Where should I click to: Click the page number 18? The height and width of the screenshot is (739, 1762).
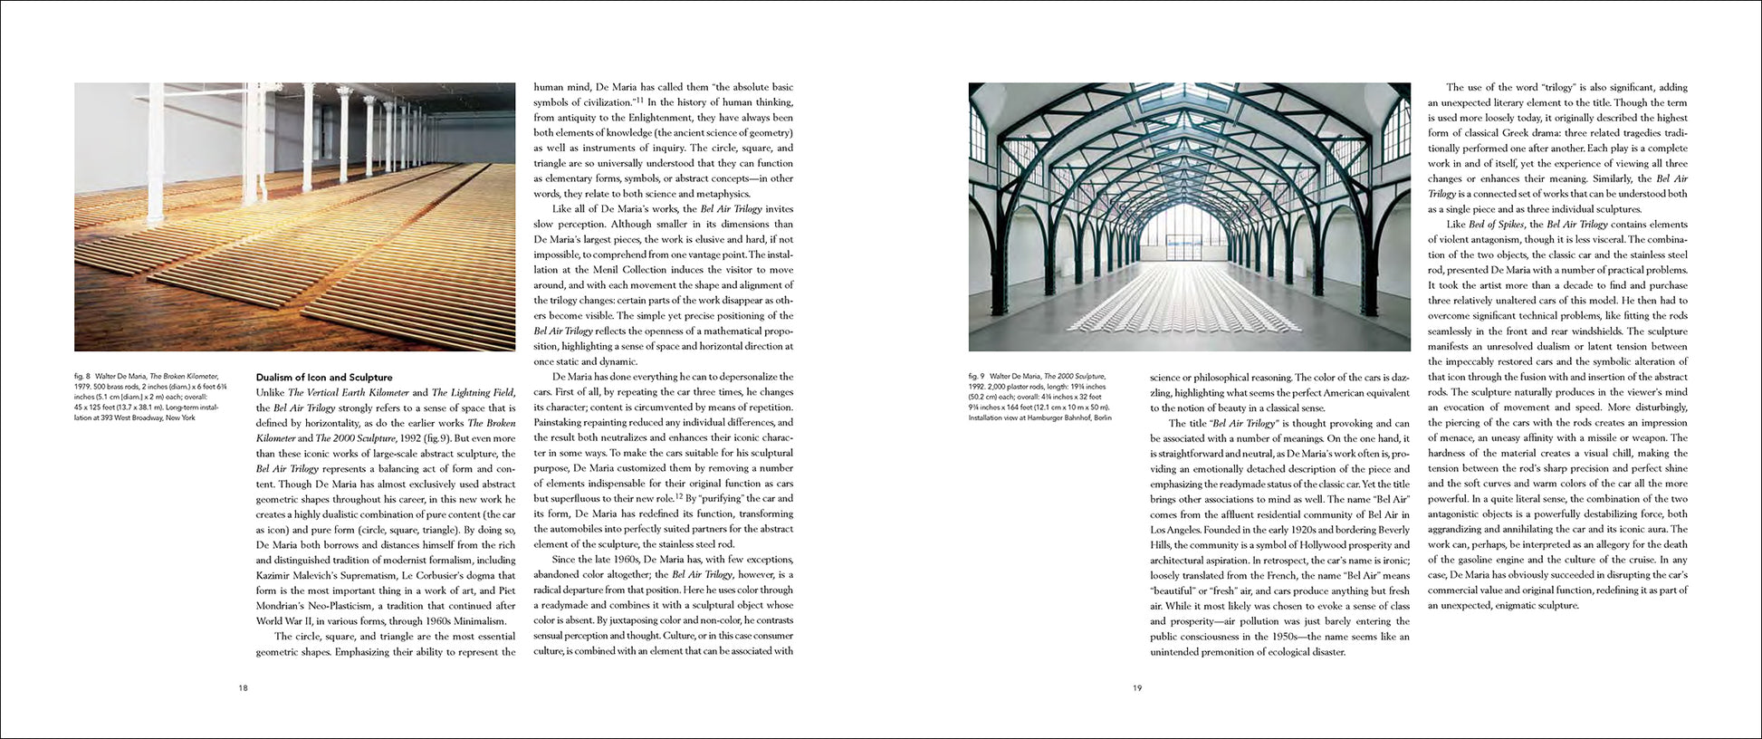(243, 688)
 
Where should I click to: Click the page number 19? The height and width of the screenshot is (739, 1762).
(1137, 688)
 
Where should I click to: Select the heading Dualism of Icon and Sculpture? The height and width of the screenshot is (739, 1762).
(323, 378)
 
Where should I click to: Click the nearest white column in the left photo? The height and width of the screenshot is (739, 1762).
(156, 154)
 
